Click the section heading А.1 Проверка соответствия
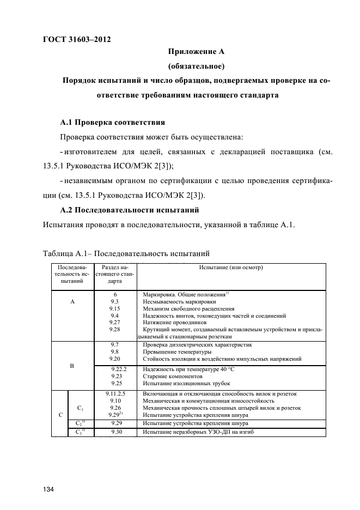[x=112, y=122]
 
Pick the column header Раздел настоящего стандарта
[x=115, y=275]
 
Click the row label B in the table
[x=72, y=367]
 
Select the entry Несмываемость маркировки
[x=179, y=301]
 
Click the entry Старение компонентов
[x=173, y=377]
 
